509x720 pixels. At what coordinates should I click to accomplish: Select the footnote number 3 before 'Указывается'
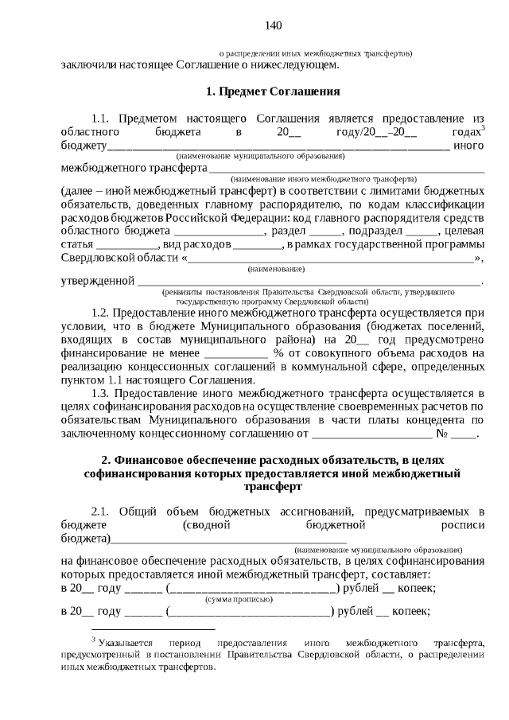point(93,639)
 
